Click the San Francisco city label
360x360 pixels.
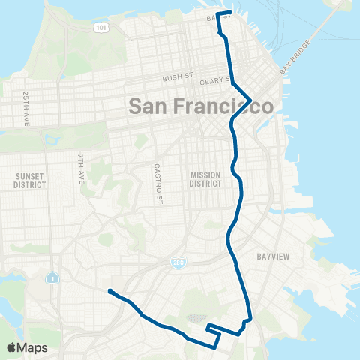click(x=201, y=106)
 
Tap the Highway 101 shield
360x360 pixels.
click(x=100, y=27)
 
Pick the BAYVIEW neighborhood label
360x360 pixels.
click(x=273, y=256)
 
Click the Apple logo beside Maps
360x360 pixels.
click(x=12, y=347)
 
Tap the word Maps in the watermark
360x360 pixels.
click(x=33, y=347)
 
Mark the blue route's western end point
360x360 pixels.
click(x=109, y=291)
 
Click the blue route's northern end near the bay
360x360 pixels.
click(x=230, y=13)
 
